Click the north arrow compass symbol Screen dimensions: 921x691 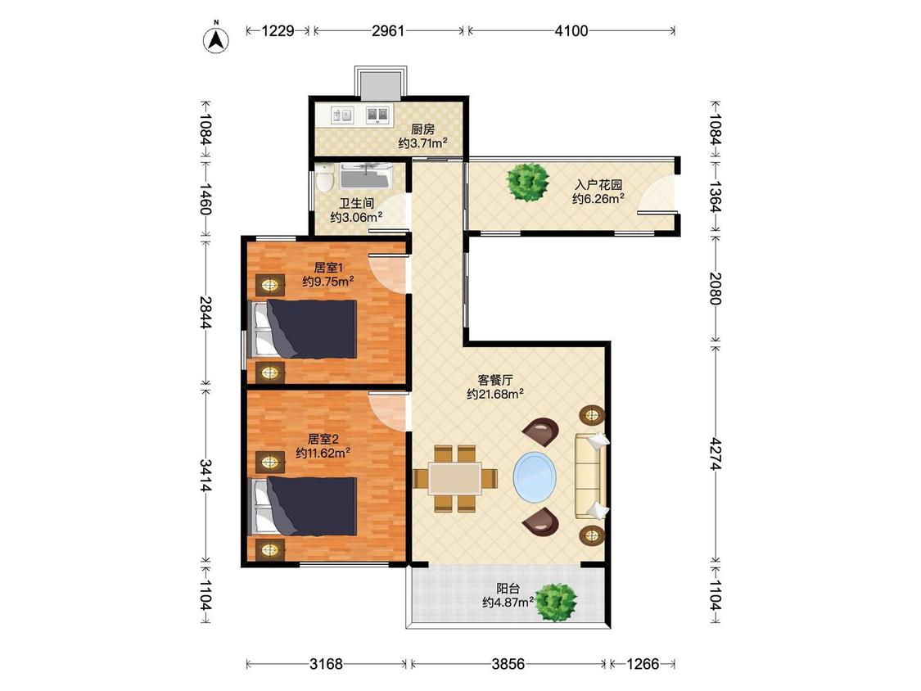(216, 38)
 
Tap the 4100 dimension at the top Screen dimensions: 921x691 (571, 30)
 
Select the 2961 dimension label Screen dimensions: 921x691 (388, 30)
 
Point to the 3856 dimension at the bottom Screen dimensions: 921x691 (508, 664)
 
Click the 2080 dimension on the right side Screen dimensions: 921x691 (715, 288)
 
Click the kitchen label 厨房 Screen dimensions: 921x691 (423, 129)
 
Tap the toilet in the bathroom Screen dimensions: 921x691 (324, 177)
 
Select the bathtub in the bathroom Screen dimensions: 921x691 (365, 176)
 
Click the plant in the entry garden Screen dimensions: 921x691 (529, 182)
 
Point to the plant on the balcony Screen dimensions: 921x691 (556, 603)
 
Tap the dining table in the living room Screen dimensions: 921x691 (455, 478)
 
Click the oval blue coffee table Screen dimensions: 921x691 (535, 476)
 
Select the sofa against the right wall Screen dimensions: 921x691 (591, 476)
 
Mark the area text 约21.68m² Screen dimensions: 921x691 (495, 395)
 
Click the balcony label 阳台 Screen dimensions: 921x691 (508, 588)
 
